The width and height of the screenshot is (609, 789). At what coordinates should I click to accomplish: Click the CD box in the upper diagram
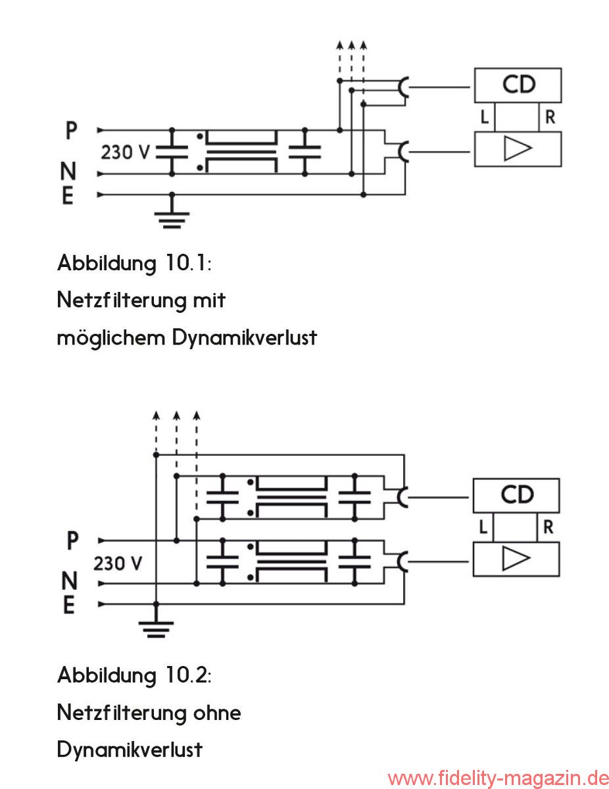pos(518,84)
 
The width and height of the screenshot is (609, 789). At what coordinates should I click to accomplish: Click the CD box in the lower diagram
pos(516,495)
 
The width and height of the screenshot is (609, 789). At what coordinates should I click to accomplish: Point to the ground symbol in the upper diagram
pos(172,216)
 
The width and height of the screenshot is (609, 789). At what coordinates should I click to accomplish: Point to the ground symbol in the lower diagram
pos(156,627)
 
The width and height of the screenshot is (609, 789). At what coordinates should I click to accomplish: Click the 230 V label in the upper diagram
pos(126,153)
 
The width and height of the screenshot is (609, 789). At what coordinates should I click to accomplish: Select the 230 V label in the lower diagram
pos(118,563)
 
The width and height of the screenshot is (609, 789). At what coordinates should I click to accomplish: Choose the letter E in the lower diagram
pos(68,605)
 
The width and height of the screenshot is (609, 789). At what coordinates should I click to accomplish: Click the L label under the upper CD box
pos(485,118)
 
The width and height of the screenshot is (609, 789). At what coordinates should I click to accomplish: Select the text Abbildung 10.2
pos(134,675)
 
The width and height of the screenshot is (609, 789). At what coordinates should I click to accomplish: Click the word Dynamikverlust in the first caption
pos(245,338)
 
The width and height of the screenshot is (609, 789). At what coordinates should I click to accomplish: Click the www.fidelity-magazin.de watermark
pos(497,778)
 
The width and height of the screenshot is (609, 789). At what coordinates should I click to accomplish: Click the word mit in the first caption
pos(209,300)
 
